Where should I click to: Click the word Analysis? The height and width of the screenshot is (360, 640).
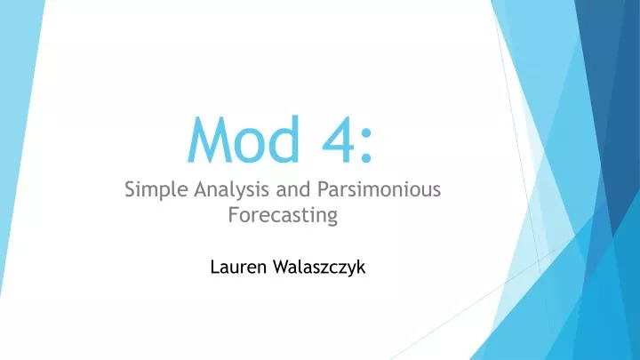click(x=220, y=189)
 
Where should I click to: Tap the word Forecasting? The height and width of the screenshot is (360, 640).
click(x=283, y=214)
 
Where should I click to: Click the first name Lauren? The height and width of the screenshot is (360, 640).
click(x=238, y=265)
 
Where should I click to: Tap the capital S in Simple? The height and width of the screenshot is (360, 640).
click(x=130, y=188)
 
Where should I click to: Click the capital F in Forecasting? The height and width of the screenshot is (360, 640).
click(x=234, y=214)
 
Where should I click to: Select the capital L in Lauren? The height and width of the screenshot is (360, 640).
click(x=215, y=265)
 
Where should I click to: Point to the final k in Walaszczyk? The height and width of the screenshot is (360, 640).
click(x=361, y=265)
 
